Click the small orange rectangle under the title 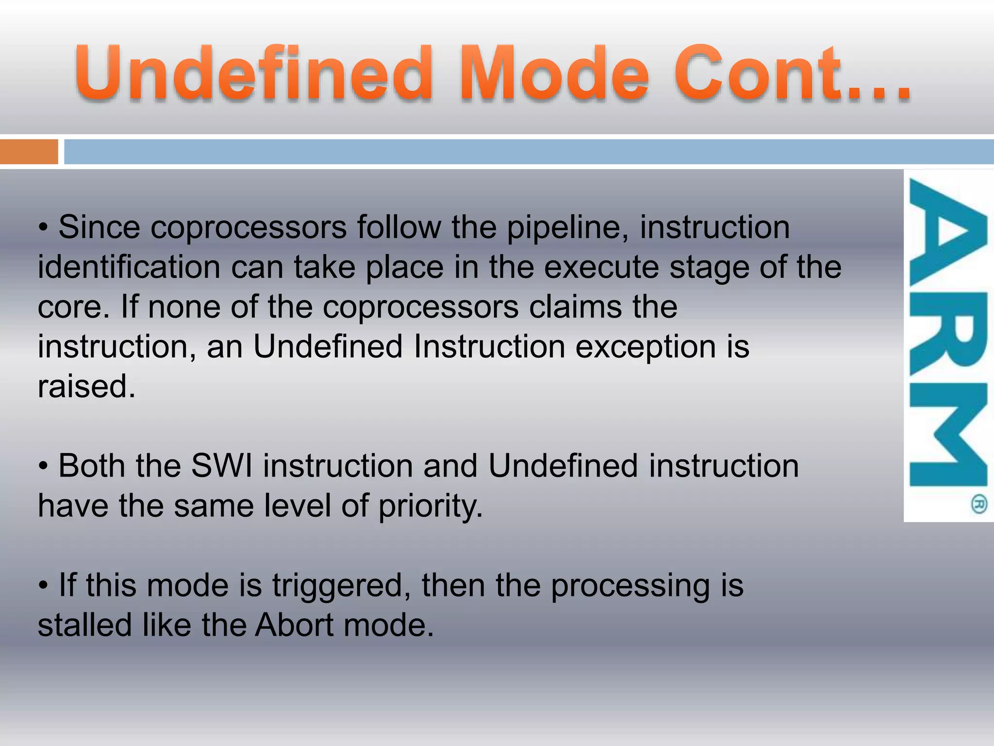point(29,152)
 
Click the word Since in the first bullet point(99,227)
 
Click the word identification point(129,267)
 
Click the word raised point(86,387)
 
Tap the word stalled point(84,625)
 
